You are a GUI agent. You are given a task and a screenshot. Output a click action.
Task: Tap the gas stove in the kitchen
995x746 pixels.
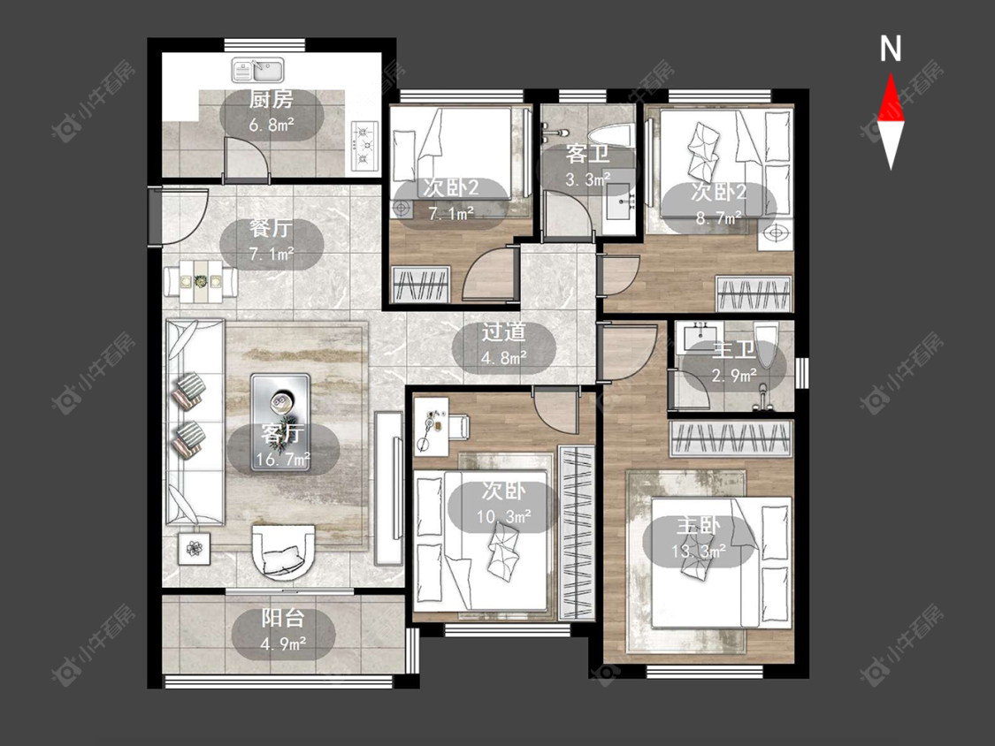click(x=364, y=145)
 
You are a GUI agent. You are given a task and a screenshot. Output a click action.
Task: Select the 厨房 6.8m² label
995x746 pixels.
click(x=272, y=112)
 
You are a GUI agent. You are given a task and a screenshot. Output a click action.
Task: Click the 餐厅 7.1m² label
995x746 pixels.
click(x=272, y=241)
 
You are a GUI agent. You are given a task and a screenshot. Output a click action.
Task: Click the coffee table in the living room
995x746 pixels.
click(x=280, y=422)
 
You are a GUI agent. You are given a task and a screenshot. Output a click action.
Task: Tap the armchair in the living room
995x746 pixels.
click(x=283, y=552)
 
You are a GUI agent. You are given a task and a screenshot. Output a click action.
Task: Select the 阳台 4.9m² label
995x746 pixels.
click(x=283, y=632)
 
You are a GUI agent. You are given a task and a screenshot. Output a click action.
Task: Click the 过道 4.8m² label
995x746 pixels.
click(x=504, y=345)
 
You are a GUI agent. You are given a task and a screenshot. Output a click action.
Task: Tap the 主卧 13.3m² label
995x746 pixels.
click(x=698, y=538)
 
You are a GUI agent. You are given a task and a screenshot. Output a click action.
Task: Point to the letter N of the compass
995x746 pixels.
click(x=891, y=49)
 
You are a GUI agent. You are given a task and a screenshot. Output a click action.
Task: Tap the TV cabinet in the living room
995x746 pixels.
click(x=387, y=489)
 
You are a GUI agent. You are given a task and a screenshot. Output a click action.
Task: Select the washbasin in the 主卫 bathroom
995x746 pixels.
click(x=698, y=336)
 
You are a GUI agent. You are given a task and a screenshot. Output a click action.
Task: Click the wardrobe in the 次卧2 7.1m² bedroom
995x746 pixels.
click(x=420, y=285)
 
